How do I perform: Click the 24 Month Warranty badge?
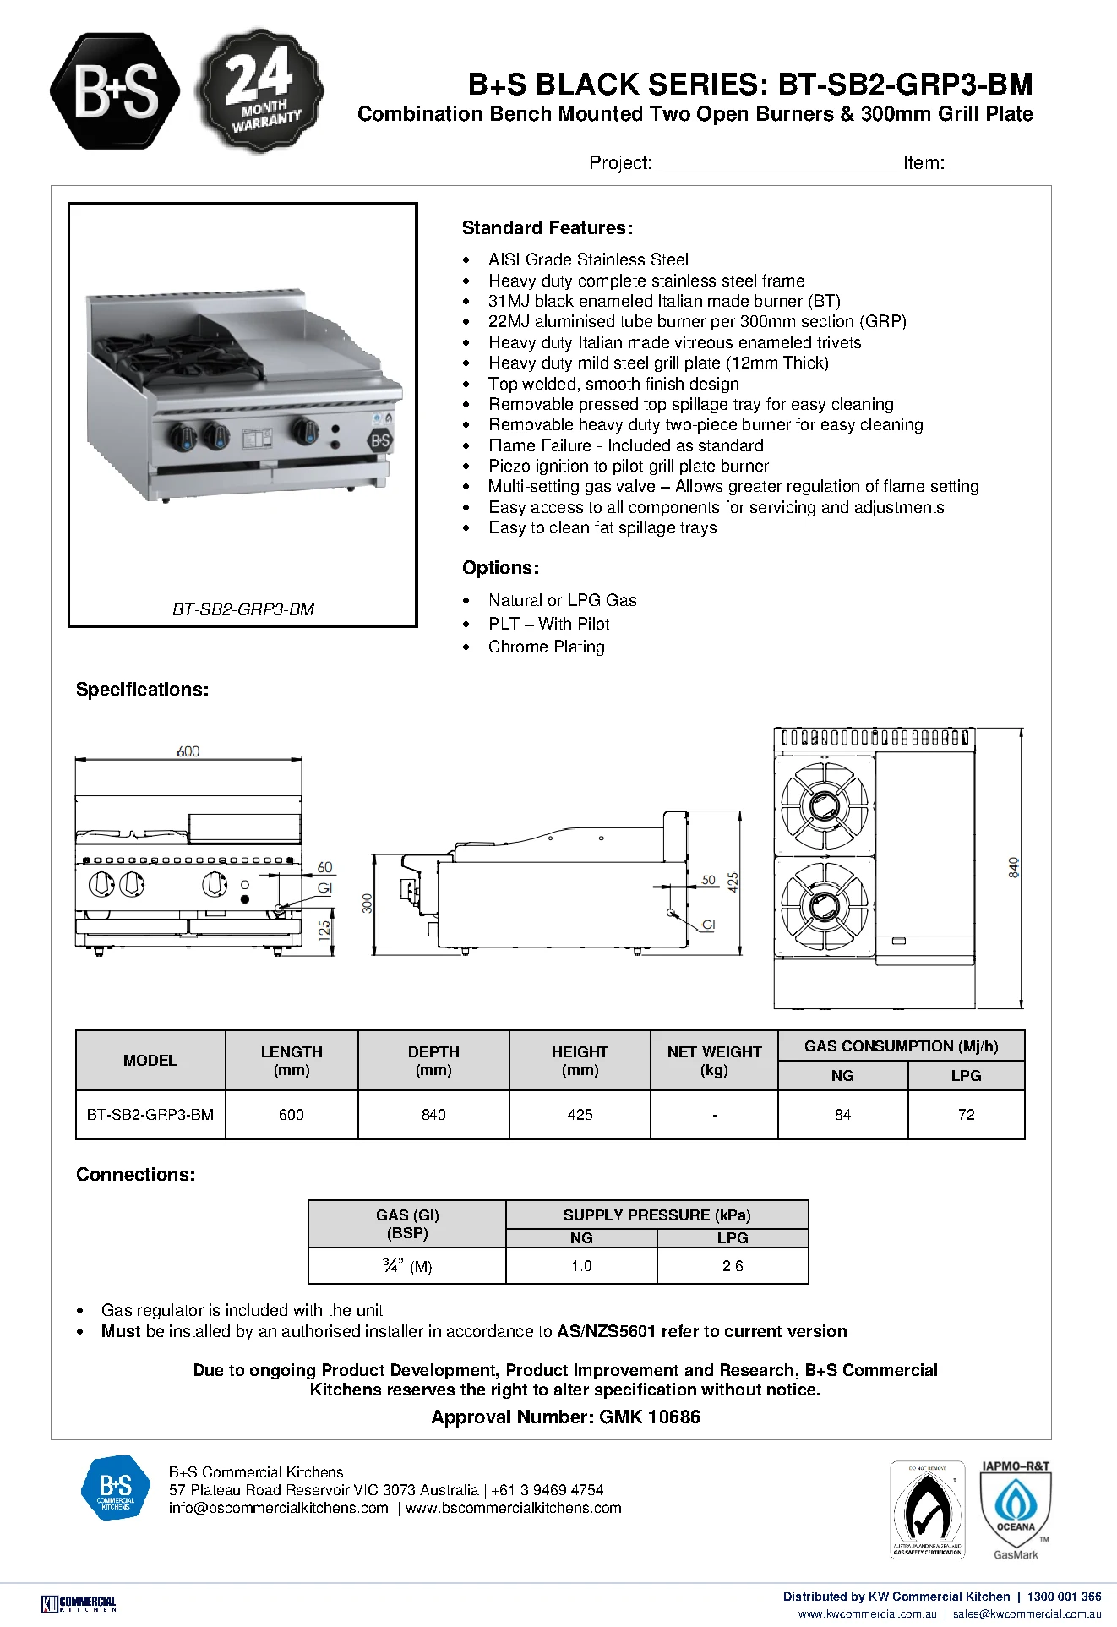[259, 90]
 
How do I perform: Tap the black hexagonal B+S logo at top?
[115, 91]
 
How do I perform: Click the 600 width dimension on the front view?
[188, 751]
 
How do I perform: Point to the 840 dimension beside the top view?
[1013, 867]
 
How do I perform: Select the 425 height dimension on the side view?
[733, 882]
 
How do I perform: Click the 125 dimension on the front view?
[324, 931]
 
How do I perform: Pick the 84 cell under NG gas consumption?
[842, 1115]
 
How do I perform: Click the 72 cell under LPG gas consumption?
[967, 1115]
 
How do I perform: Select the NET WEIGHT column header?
[714, 1061]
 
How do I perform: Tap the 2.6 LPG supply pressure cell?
[733, 1266]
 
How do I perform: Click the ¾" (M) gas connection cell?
[407, 1266]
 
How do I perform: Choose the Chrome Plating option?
[547, 647]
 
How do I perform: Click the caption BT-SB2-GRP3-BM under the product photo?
[243, 609]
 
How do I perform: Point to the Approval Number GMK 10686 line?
[565, 1417]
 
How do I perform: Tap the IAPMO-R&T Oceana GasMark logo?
[1016, 1510]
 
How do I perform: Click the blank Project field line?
[778, 171]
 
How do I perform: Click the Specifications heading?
[142, 690]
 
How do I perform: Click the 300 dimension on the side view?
[367, 903]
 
